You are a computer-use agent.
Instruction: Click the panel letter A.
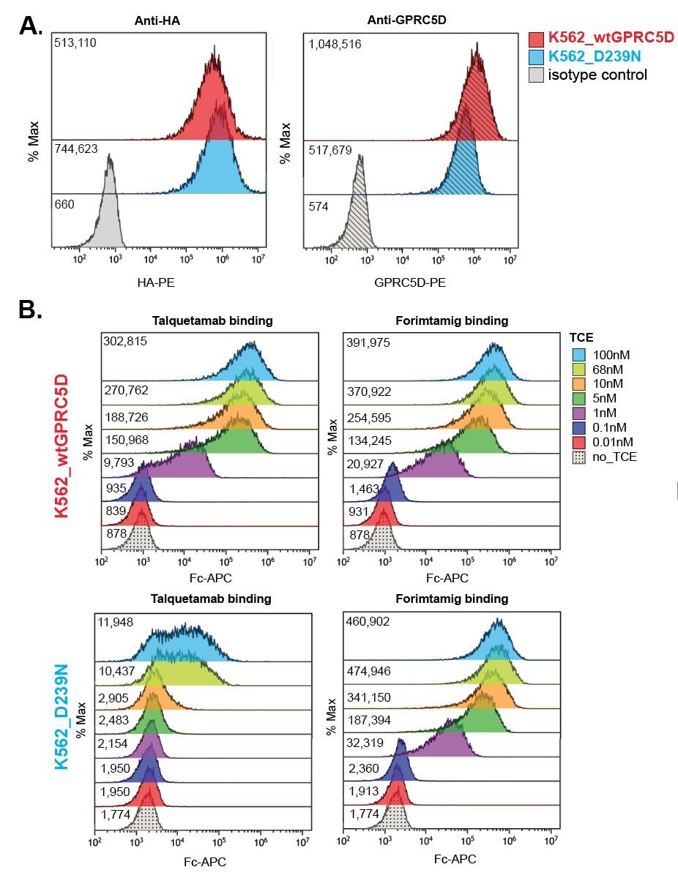(x=31, y=28)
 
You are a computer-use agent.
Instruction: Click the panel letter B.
(x=31, y=310)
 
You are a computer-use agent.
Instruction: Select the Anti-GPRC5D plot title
(x=411, y=20)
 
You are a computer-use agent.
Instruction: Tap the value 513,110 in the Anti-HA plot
(x=75, y=43)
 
